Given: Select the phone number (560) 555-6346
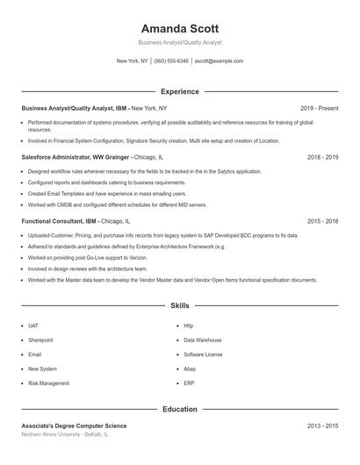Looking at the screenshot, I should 171,61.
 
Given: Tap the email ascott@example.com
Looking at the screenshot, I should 219,61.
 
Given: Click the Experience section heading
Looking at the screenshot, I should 179,91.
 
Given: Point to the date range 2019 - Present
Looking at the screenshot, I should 319,108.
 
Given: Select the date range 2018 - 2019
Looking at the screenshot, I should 322,157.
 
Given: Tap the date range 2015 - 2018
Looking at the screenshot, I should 322,222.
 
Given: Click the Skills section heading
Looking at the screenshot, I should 179,306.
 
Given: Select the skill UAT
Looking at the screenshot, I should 33,325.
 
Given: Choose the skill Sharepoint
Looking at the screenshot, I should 40,340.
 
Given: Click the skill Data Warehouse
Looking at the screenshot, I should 202,340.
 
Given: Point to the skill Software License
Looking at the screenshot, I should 203,354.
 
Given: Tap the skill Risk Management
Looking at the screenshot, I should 48,383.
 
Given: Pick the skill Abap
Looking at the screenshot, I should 191,369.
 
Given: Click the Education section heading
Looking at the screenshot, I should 179,409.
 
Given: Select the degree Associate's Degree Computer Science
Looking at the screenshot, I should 74,426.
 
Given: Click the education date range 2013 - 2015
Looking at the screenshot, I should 322,426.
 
